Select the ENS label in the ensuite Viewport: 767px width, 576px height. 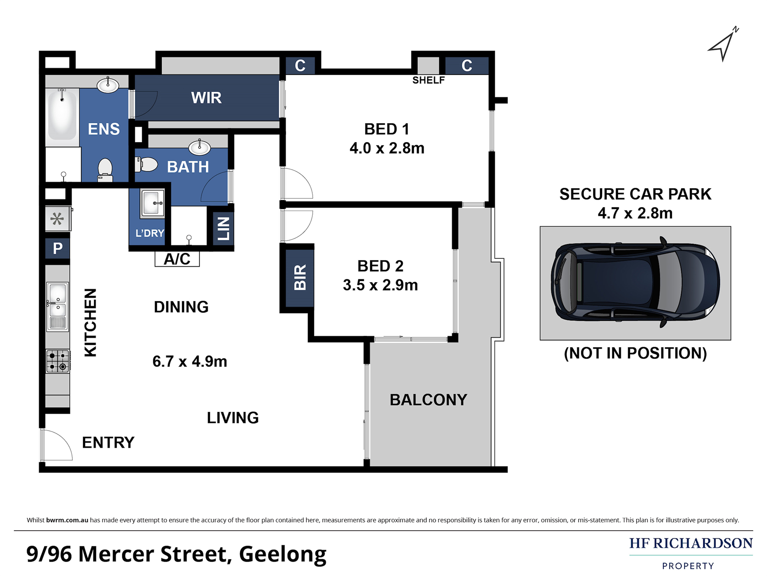[x=104, y=129]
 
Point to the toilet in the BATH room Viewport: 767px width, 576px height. [x=146, y=164]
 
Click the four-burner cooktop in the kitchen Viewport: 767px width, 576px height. [x=58, y=361]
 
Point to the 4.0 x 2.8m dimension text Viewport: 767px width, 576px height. [x=387, y=148]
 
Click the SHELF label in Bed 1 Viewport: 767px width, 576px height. [x=428, y=80]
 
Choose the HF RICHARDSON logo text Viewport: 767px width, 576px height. [x=691, y=543]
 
